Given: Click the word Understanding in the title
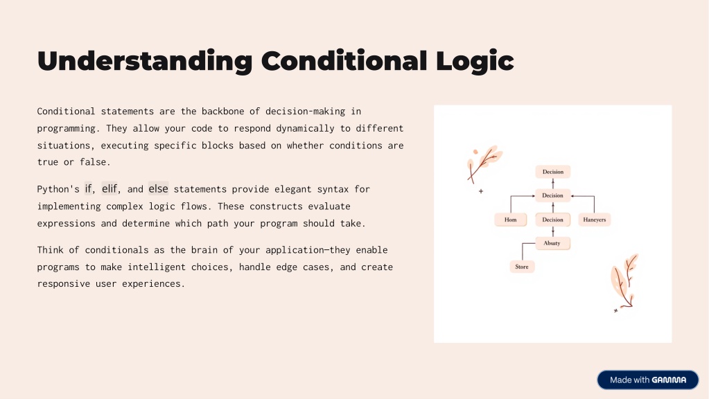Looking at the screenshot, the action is [x=145, y=62].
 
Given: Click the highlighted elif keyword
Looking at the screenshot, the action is [x=110, y=188].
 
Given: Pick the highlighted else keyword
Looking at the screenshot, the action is [x=158, y=188].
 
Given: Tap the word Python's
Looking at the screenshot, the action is [x=58, y=189].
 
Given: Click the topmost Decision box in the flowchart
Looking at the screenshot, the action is [x=553, y=172].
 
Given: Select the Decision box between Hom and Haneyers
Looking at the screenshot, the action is [x=553, y=220].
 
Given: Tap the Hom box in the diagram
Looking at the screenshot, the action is [x=511, y=220].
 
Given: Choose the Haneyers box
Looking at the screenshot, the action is [x=595, y=220].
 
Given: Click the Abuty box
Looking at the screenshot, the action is [x=552, y=243].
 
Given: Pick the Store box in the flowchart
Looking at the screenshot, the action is [x=522, y=267].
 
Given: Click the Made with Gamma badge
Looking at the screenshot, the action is [x=648, y=380].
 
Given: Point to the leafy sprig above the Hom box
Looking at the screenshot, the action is [x=483, y=163].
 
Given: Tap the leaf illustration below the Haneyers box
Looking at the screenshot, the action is [x=624, y=282].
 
